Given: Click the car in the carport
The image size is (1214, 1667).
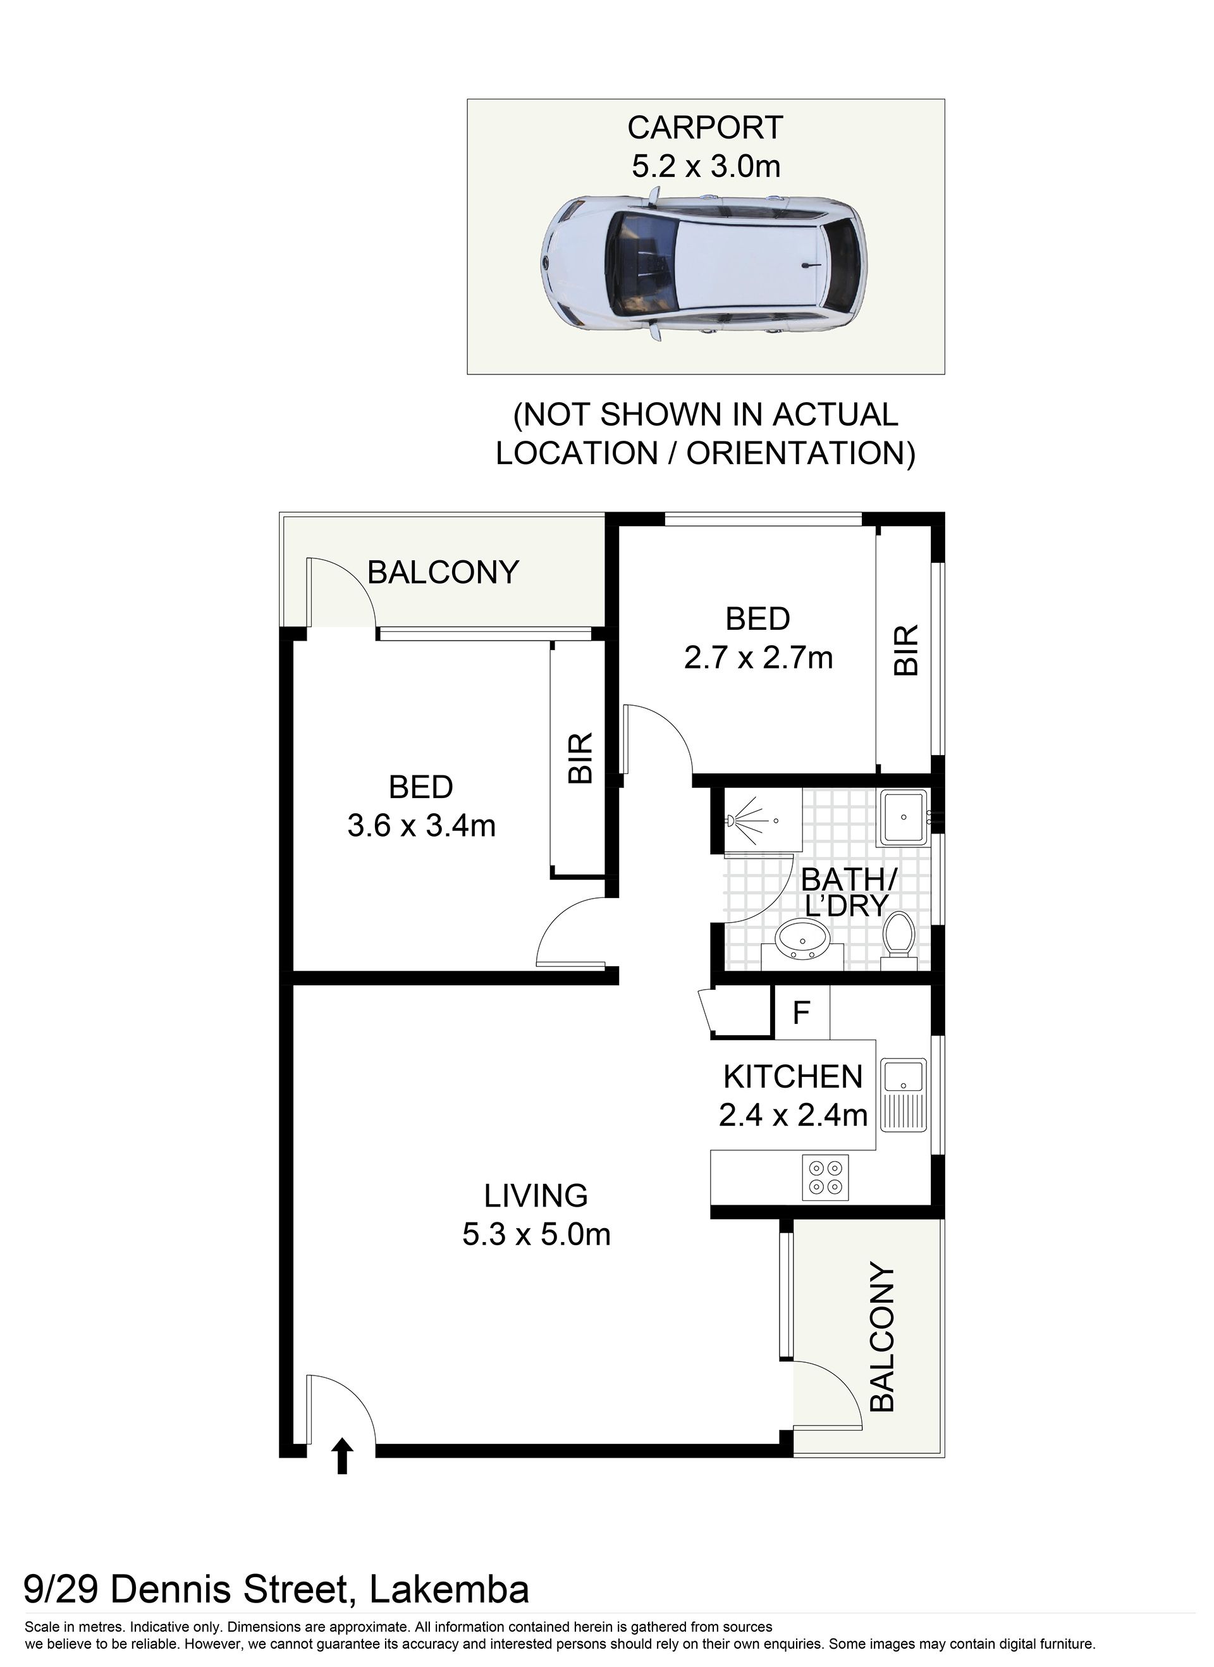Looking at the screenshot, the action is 703,264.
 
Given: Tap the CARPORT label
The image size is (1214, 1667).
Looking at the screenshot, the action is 706,127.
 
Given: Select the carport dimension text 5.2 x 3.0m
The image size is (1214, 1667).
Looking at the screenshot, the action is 706,166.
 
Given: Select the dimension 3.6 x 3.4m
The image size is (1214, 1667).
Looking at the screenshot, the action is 422,826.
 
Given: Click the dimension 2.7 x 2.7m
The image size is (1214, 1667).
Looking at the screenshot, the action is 758,658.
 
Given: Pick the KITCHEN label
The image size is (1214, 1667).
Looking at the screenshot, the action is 793,1077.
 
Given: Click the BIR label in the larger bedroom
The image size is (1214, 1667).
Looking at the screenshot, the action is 580,758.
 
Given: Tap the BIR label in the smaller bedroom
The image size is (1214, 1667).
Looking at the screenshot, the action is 906,649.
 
